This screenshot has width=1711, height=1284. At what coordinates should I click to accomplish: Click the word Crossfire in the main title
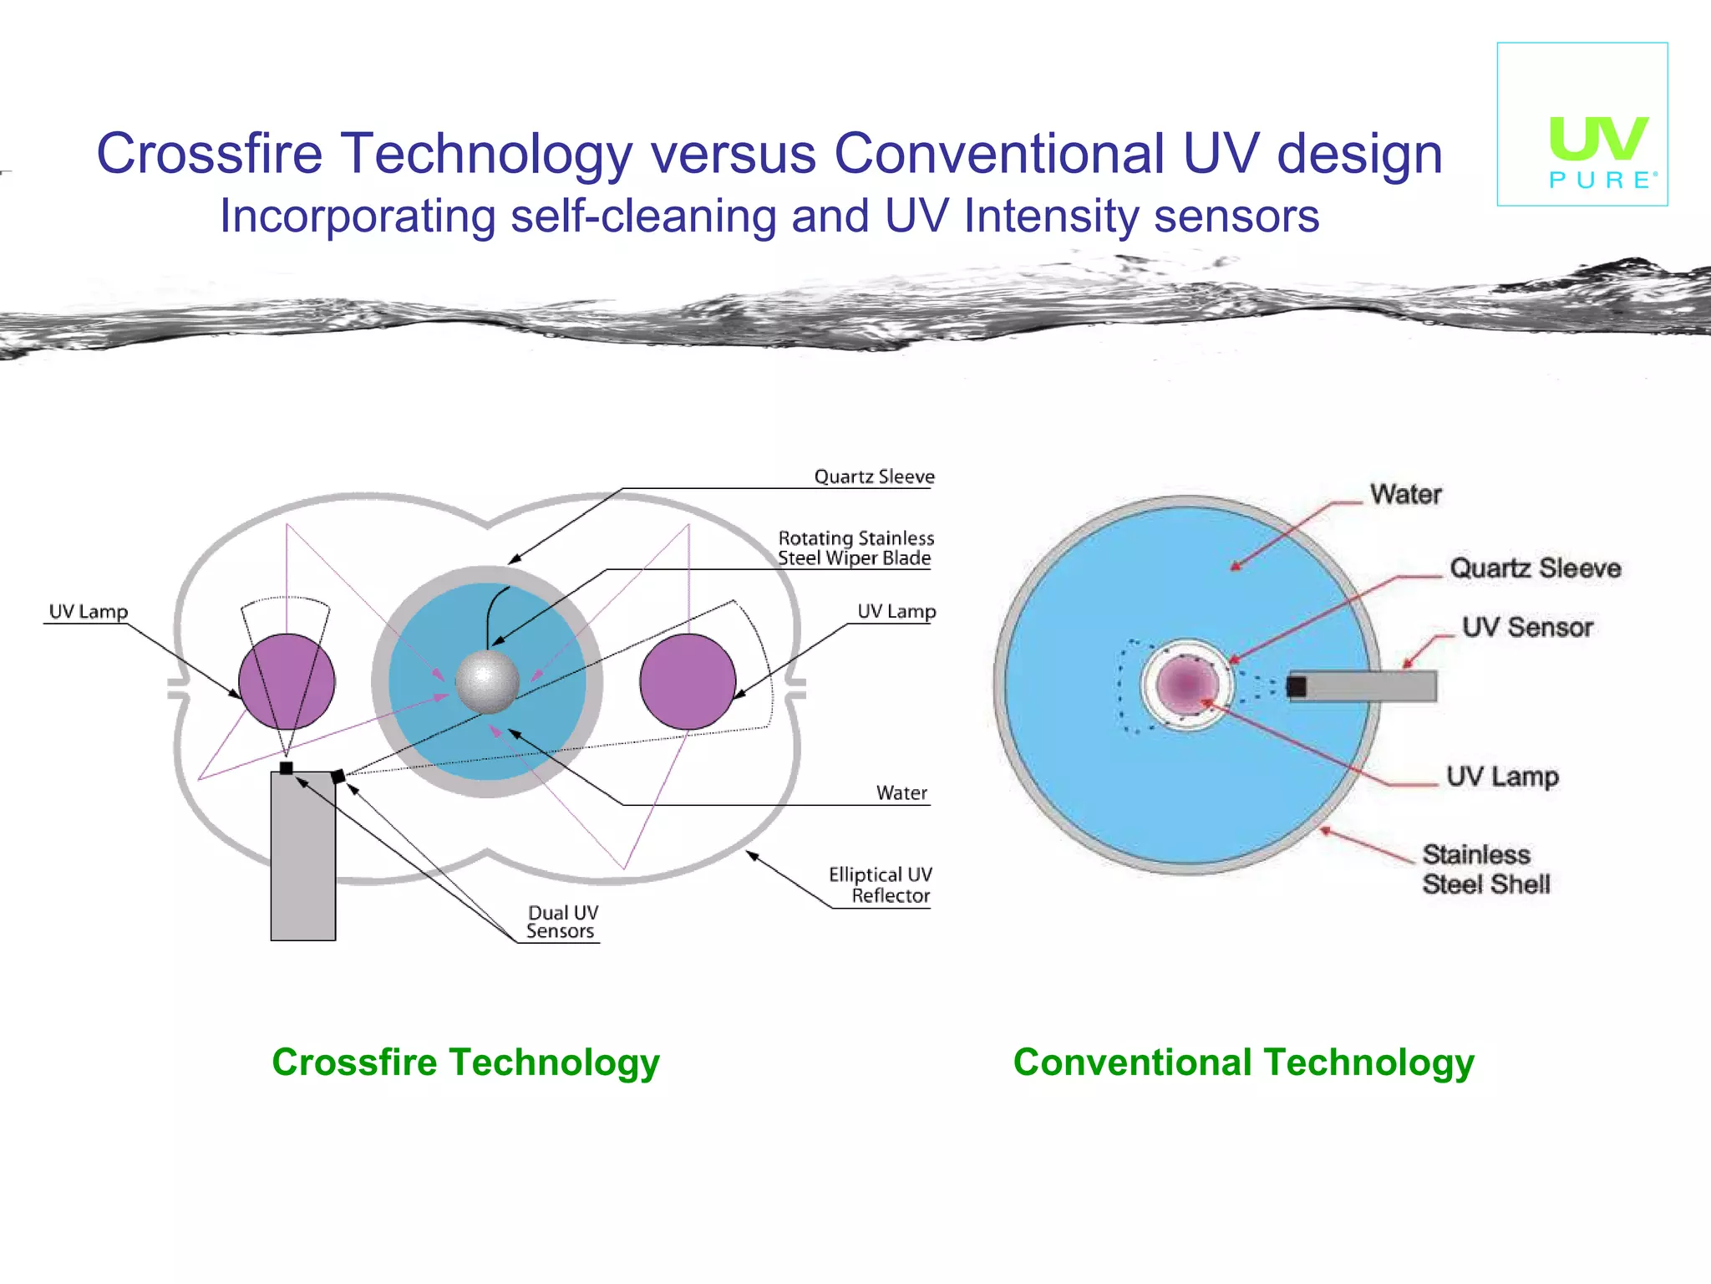[x=209, y=154]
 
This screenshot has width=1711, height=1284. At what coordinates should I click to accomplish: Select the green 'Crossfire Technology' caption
[x=465, y=1062]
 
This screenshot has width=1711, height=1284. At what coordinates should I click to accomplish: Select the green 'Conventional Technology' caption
[x=1243, y=1062]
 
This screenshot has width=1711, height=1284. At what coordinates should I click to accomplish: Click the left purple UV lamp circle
[x=287, y=681]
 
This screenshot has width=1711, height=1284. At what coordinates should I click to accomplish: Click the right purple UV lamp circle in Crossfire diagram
[x=688, y=681]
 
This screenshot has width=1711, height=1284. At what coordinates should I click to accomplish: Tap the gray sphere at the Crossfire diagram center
[x=487, y=681]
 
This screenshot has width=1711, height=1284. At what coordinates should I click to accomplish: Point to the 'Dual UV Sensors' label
[x=562, y=922]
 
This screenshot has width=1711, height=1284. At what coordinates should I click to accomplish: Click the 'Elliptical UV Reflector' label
[x=881, y=884]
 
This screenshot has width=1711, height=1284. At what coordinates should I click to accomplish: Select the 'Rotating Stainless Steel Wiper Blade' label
[x=855, y=548]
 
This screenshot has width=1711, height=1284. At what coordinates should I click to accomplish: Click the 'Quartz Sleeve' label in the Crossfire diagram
[x=874, y=476]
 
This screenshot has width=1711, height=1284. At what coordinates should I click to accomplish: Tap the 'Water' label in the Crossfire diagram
[x=901, y=792]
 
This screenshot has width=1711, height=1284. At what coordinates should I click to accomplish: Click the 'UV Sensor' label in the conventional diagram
[x=1527, y=627]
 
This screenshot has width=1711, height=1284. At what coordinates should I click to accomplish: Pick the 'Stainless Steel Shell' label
[x=1486, y=869]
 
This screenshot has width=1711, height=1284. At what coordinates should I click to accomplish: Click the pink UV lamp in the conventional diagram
[x=1186, y=684]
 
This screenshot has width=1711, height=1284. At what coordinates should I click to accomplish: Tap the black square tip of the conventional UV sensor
[x=1297, y=687]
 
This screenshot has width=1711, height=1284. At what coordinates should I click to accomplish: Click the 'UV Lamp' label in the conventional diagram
[x=1502, y=777]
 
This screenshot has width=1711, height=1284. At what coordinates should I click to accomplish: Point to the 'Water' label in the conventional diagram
[x=1406, y=494]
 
